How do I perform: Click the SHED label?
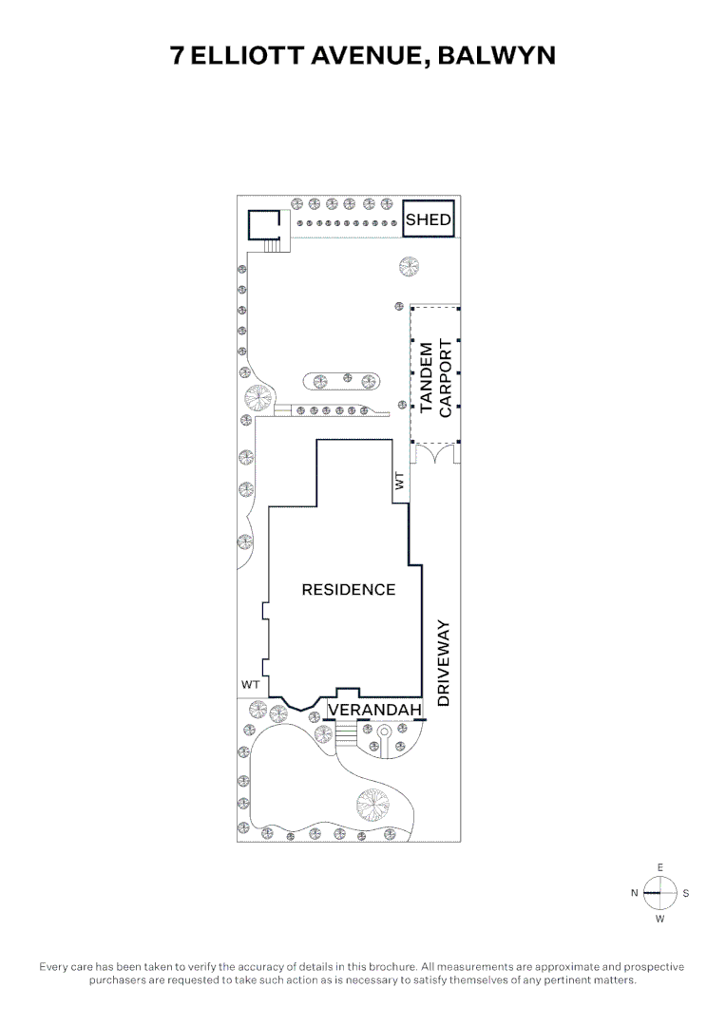pyautogui.click(x=429, y=219)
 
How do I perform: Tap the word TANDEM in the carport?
pyautogui.click(x=426, y=377)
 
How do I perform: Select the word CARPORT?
pyautogui.click(x=445, y=377)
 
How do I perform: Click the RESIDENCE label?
pyautogui.click(x=348, y=590)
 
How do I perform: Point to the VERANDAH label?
pyautogui.click(x=374, y=710)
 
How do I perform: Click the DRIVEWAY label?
pyautogui.click(x=443, y=663)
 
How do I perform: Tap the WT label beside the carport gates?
pyautogui.click(x=400, y=482)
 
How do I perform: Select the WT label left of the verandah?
pyautogui.click(x=251, y=685)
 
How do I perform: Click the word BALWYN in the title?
pyautogui.click(x=496, y=56)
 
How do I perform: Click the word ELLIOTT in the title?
pyautogui.click(x=247, y=56)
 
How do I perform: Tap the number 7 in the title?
pyautogui.click(x=177, y=56)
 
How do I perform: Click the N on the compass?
pyautogui.click(x=635, y=893)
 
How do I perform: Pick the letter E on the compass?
pyautogui.click(x=659, y=867)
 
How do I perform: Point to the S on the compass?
pyautogui.click(x=685, y=893)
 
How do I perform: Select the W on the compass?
pyautogui.click(x=659, y=919)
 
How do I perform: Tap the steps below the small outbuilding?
pyautogui.click(x=272, y=246)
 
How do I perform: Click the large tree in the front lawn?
pyautogui.click(x=372, y=805)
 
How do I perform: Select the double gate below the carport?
pyautogui.click(x=434, y=453)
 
